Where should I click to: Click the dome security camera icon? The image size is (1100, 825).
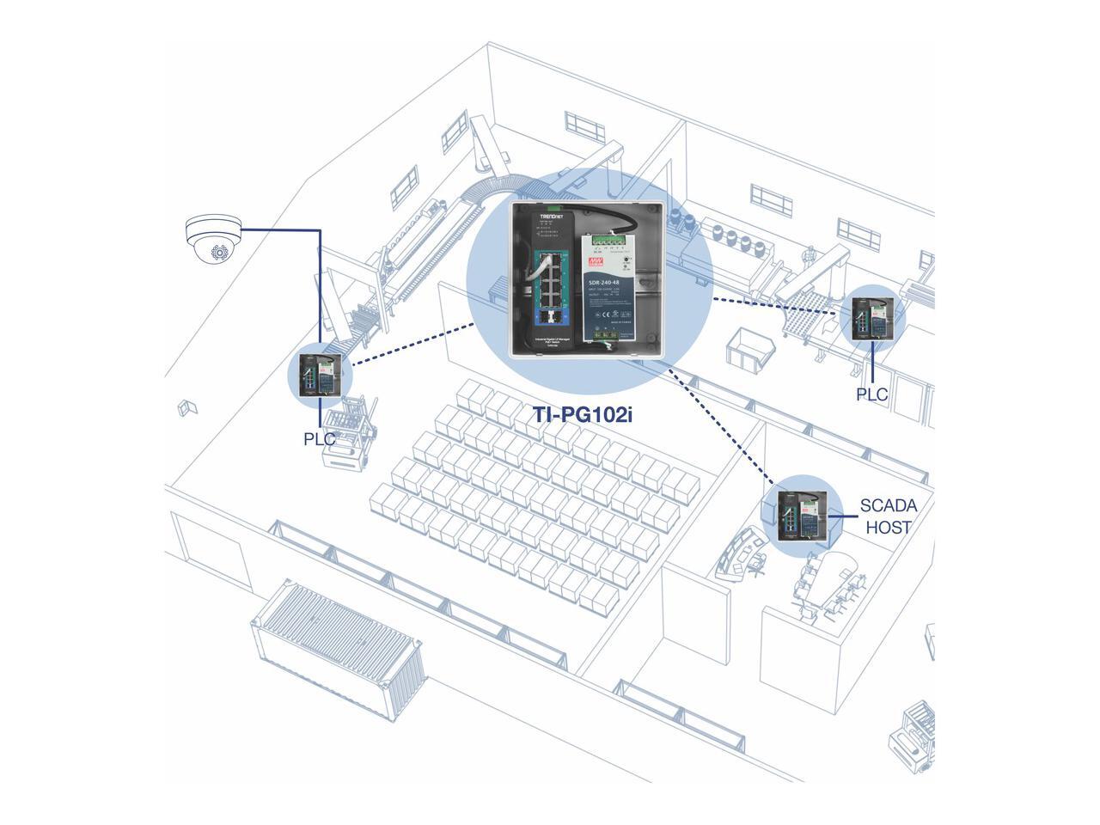[x=213, y=240]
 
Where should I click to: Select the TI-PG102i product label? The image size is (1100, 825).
[x=588, y=414]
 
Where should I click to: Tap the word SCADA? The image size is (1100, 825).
[x=889, y=506]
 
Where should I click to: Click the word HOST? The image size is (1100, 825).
[x=889, y=527]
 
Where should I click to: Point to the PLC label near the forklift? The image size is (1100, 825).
[x=319, y=438]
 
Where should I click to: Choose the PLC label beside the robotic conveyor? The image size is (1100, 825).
[x=871, y=394]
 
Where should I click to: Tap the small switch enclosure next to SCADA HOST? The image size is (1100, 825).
[x=802, y=515]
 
